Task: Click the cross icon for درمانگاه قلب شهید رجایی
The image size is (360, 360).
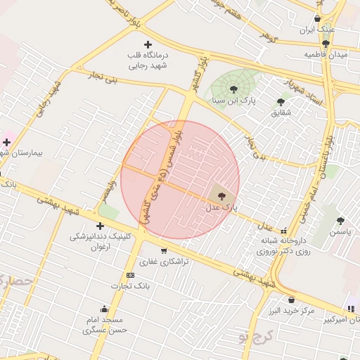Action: (x=148, y=45)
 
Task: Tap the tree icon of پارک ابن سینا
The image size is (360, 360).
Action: (x=233, y=89)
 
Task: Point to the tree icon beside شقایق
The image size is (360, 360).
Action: (x=281, y=103)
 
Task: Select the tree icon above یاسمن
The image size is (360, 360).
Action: (x=340, y=221)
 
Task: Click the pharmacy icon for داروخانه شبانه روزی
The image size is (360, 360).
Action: (x=284, y=231)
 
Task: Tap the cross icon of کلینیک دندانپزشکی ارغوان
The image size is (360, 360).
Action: (x=100, y=226)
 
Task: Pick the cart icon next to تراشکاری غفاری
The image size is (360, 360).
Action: (x=164, y=250)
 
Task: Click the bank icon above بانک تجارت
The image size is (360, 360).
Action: (x=130, y=275)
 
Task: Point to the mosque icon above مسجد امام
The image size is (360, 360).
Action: (x=105, y=309)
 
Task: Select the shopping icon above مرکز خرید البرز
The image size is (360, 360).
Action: (x=291, y=300)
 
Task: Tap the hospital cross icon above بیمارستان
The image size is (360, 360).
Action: (x=6, y=142)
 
